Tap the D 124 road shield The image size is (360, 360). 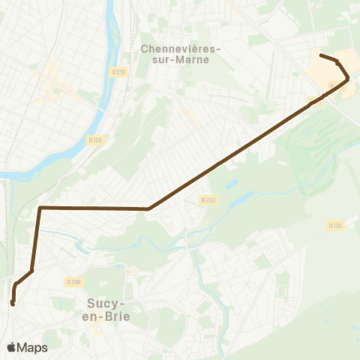[x=94, y=139]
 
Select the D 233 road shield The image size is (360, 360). [x=208, y=200]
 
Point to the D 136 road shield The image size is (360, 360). [x=334, y=224]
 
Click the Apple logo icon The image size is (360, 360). [x=12, y=347]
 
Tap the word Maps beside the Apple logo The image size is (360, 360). [x=34, y=347]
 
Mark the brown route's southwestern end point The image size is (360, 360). [x=13, y=303]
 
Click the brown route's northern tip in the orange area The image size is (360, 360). [x=321, y=55]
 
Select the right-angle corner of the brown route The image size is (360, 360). [x=40, y=207]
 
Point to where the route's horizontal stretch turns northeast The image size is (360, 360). [x=148, y=208]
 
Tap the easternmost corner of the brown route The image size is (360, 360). [x=348, y=78]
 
